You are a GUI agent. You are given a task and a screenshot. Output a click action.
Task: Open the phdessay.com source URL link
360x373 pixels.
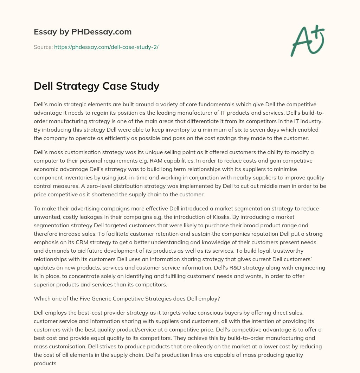click(x=106, y=47)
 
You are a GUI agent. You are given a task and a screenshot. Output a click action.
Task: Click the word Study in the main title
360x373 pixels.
click(x=146, y=86)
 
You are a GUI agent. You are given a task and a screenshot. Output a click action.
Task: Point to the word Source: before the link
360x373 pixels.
click(x=43, y=47)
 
